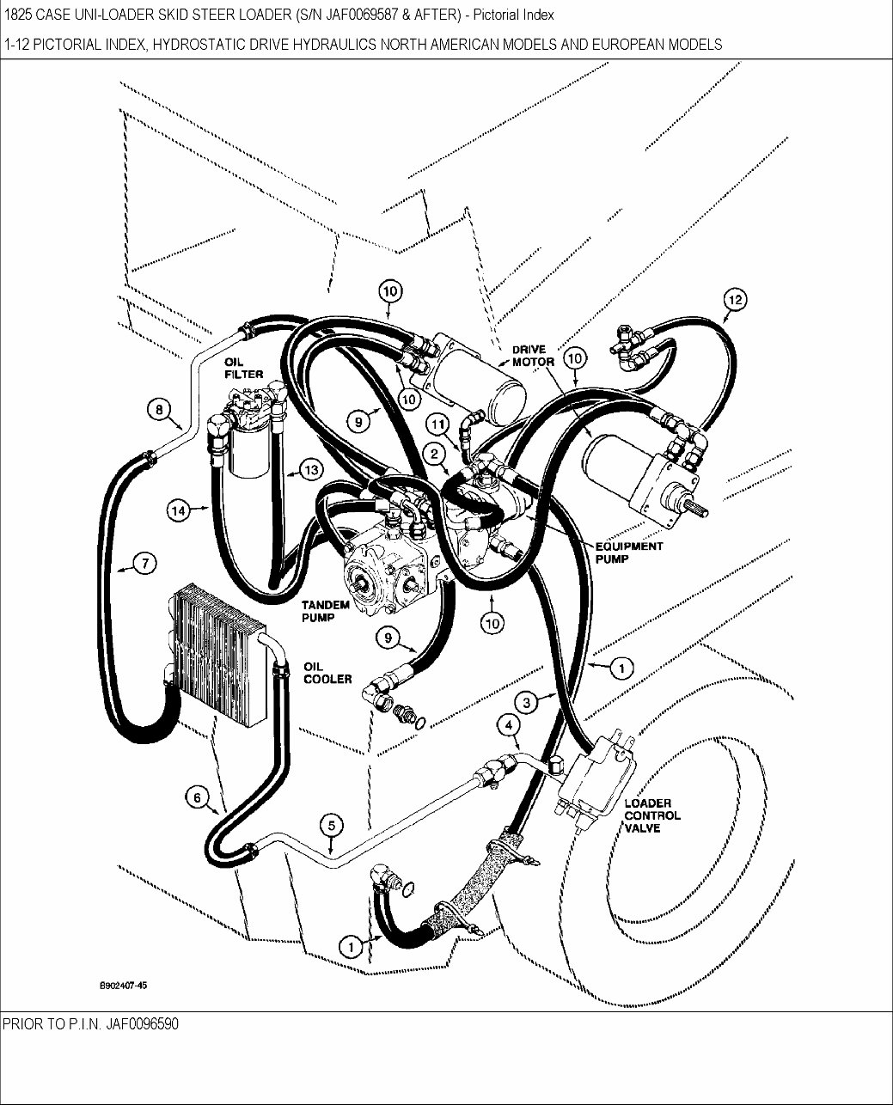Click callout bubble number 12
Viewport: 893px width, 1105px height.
(735, 300)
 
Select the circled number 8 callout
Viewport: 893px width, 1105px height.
(159, 410)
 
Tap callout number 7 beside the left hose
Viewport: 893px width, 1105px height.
(144, 564)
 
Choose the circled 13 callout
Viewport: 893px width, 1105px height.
(309, 469)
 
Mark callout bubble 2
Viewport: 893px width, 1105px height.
(436, 453)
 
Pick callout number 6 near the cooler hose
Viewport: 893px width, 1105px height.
(197, 798)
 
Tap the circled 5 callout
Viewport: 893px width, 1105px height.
(331, 826)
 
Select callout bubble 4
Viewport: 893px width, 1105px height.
(510, 726)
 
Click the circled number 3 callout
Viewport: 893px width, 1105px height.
(529, 701)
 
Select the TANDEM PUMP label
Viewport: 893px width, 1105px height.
(324, 611)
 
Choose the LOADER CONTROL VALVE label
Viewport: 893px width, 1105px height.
(652, 815)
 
